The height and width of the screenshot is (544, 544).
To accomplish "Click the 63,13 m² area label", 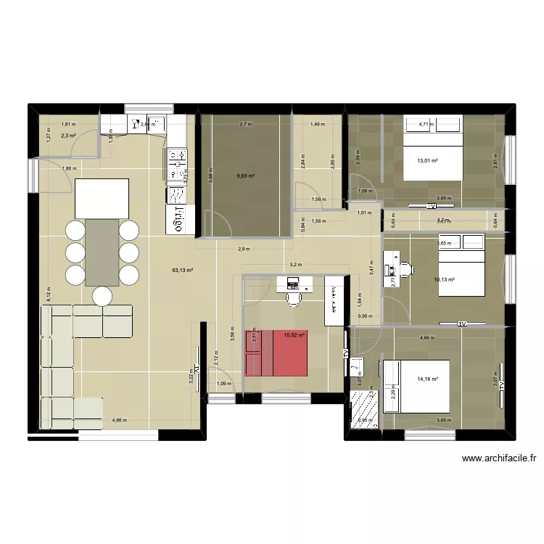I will click(x=183, y=271).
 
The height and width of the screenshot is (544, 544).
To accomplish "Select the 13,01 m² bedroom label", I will click(x=427, y=161).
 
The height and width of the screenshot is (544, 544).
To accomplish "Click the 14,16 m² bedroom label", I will click(x=428, y=378).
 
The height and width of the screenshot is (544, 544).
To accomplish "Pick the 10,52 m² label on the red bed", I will click(x=294, y=335).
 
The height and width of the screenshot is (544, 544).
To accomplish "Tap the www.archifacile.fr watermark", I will click(x=498, y=458).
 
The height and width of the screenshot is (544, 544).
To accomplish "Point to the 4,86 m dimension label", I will click(x=119, y=420).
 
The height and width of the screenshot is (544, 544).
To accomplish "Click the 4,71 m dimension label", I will click(x=424, y=124).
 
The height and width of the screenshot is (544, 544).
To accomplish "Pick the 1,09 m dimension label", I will click(x=224, y=384).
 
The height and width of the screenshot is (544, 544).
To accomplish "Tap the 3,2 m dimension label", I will click(x=295, y=265).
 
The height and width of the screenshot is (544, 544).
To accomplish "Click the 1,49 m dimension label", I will click(x=317, y=124).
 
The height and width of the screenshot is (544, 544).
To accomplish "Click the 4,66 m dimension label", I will click(x=427, y=337).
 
